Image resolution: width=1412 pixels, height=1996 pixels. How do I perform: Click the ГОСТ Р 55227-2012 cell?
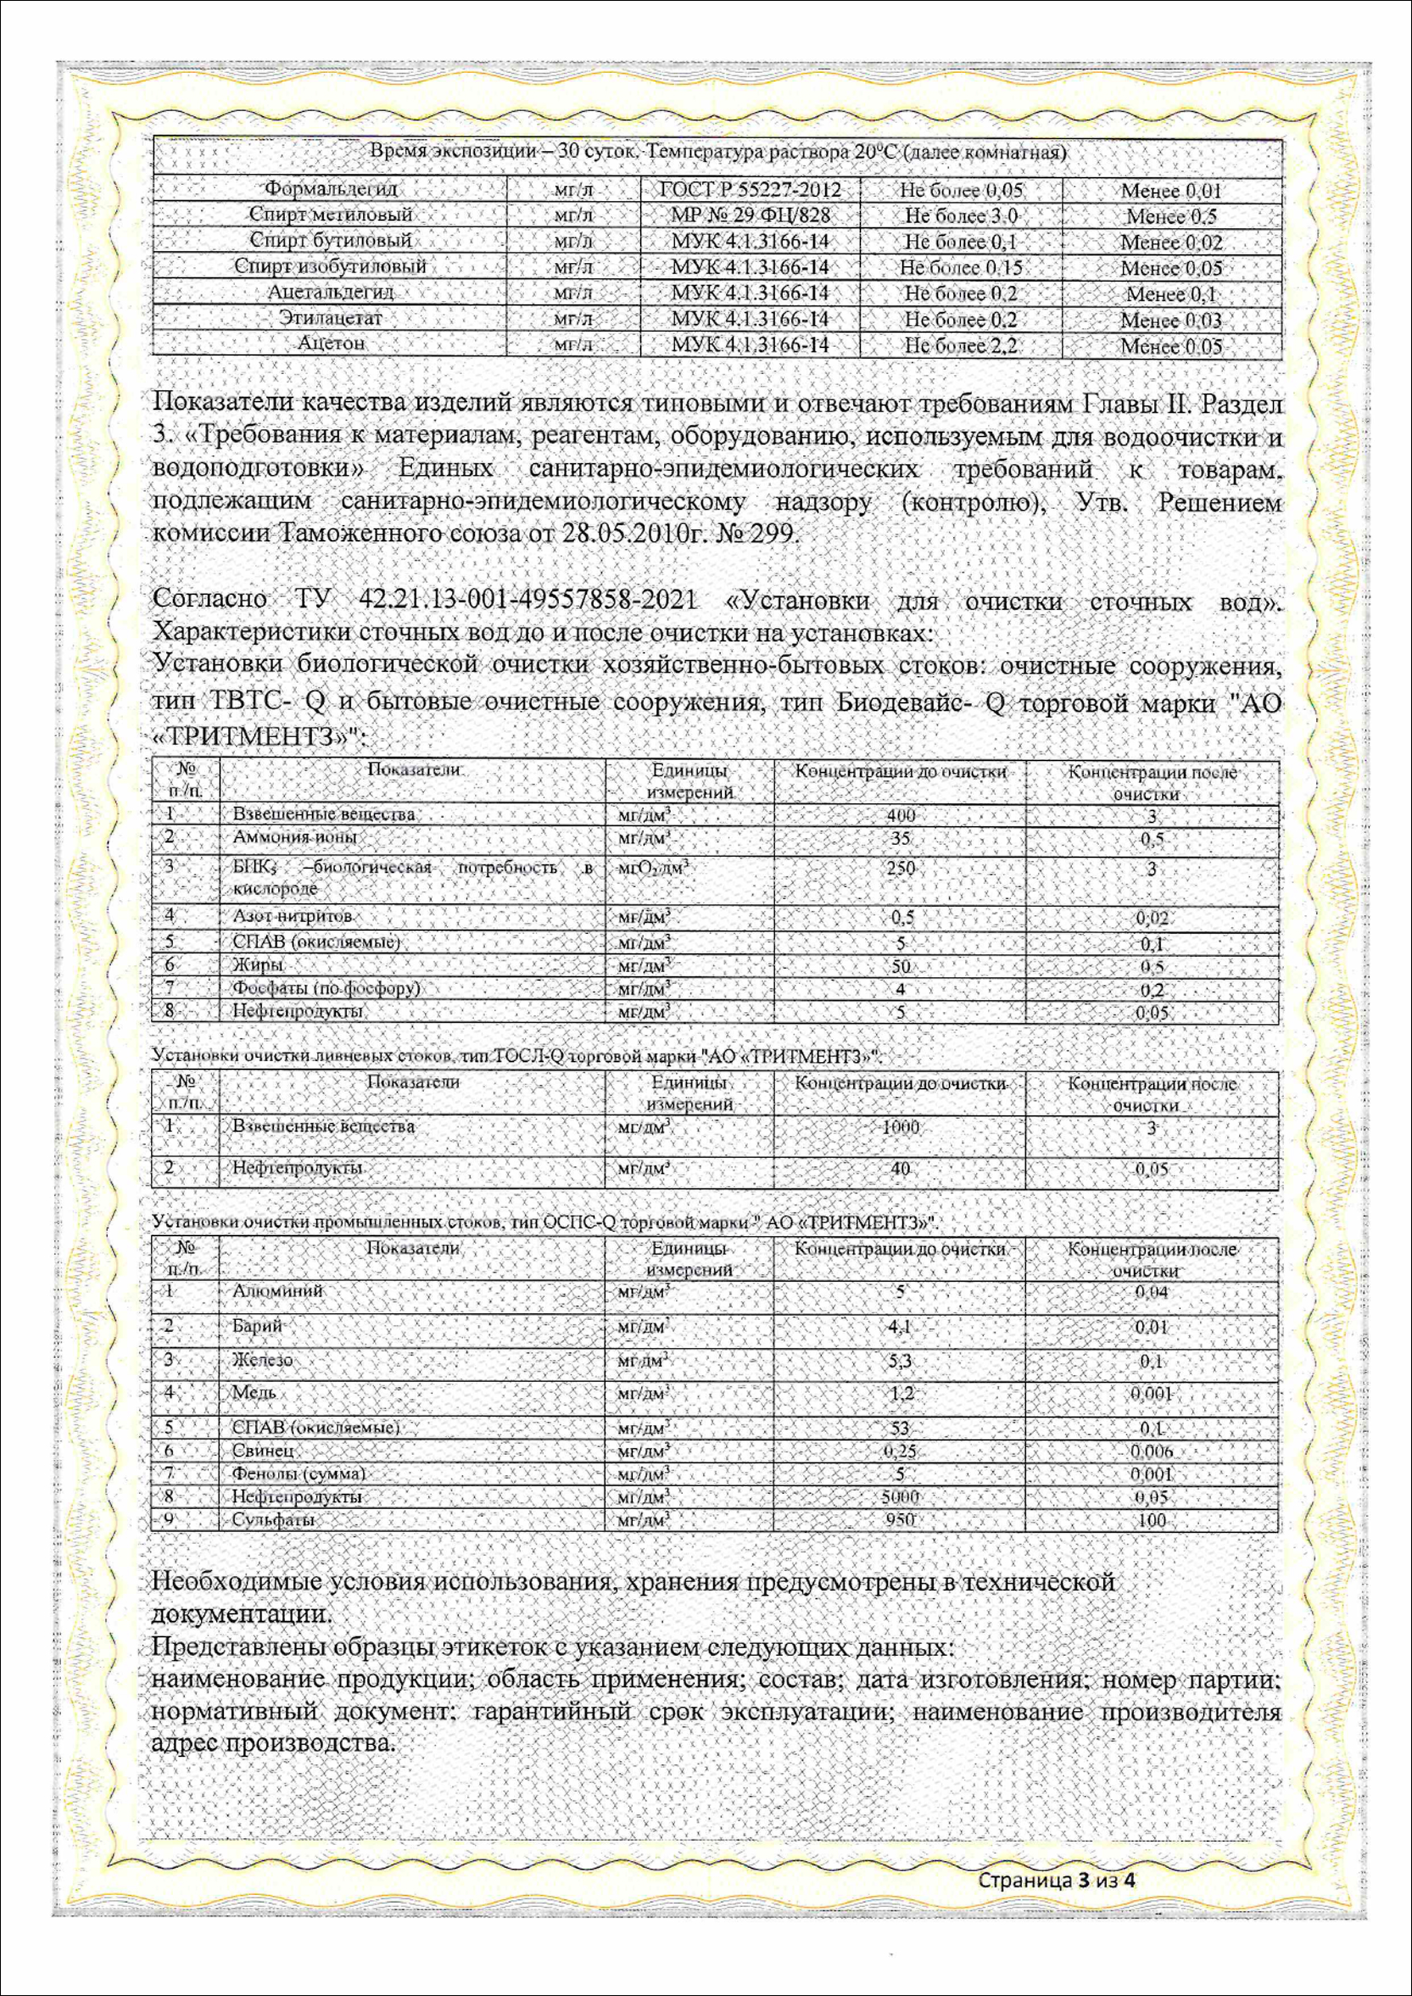pyautogui.click(x=750, y=190)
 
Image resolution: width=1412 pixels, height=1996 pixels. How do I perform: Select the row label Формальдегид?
pyautogui.click(x=330, y=189)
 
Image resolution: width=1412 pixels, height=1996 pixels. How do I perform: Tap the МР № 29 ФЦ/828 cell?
pyautogui.click(x=750, y=214)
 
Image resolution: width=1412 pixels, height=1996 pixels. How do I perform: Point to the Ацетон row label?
pyautogui.click(x=330, y=343)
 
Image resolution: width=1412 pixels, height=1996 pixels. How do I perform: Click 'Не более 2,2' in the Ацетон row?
pyautogui.click(x=960, y=346)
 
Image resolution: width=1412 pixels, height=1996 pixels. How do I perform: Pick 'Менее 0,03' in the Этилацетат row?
pyautogui.click(x=1171, y=320)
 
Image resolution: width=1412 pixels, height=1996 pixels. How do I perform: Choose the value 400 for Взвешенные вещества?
pyautogui.click(x=900, y=816)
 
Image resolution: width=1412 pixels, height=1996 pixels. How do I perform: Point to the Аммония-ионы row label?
pyautogui.click(x=295, y=837)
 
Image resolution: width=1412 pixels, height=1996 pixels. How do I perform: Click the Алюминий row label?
pyautogui.click(x=277, y=1291)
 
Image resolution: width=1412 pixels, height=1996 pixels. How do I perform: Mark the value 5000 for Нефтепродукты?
pyautogui.click(x=900, y=1497)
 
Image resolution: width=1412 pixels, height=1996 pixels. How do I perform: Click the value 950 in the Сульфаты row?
pyautogui.click(x=900, y=1520)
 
